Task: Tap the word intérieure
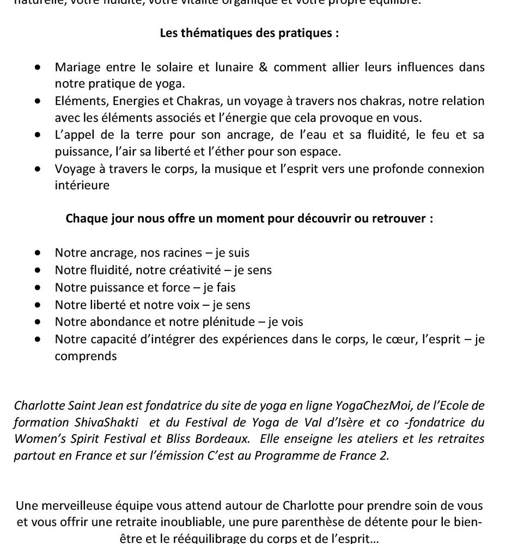click(82, 186)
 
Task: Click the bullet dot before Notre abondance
click(38, 322)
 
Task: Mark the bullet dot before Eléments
click(38, 101)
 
